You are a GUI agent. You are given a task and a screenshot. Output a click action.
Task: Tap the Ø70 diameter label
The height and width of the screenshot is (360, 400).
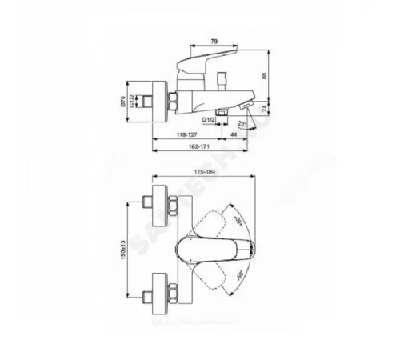[134, 102]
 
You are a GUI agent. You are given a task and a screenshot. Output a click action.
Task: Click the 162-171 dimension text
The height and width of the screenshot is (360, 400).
[188, 150]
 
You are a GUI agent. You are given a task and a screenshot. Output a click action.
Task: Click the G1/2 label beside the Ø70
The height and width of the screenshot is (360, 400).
[143, 102]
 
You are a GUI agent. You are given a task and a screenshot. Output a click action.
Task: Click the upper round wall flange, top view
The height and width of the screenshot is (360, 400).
[158, 201]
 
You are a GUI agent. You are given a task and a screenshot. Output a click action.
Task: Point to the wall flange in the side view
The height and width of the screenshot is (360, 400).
[158, 102]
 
